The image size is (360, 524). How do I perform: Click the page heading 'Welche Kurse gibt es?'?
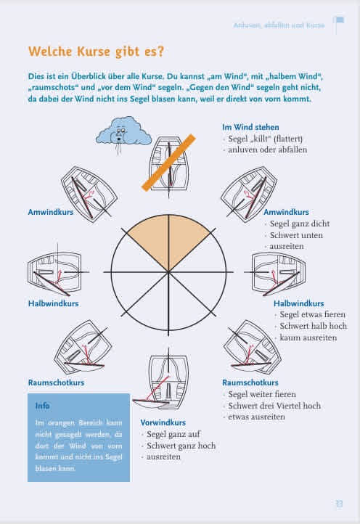click(x=97, y=52)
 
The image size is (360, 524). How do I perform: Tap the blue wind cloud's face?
click(x=120, y=133)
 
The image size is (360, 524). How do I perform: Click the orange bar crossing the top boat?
click(x=169, y=163)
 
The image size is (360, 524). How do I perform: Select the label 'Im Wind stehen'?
click(x=250, y=127)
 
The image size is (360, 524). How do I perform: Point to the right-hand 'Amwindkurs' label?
click(x=286, y=212)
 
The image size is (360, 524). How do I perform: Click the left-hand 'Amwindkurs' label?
click(x=51, y=212)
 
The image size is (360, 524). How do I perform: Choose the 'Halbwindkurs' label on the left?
click(x=53, y=303)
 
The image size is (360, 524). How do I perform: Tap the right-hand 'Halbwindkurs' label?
click(x=299, y=303)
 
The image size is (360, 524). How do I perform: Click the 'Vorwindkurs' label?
click(x=163, y=422)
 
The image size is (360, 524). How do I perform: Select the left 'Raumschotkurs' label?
click(x=56, y=382)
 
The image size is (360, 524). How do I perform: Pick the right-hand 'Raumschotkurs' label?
click(x=250, y=382)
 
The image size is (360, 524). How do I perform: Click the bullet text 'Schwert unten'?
click(x=296, y=235)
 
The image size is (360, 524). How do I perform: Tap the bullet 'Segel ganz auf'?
click(x=173, y=434)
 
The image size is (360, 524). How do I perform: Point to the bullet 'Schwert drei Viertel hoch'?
click(x=274, y=406)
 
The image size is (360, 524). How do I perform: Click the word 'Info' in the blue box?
click(x=42, y=406)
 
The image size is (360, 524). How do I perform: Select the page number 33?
click(x=339, y=504)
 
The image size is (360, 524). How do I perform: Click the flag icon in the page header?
click(x=339, y=24)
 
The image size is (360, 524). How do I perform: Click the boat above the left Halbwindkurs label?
click(x=55, y=272)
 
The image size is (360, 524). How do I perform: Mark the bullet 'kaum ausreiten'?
click(x=308, y=337)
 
